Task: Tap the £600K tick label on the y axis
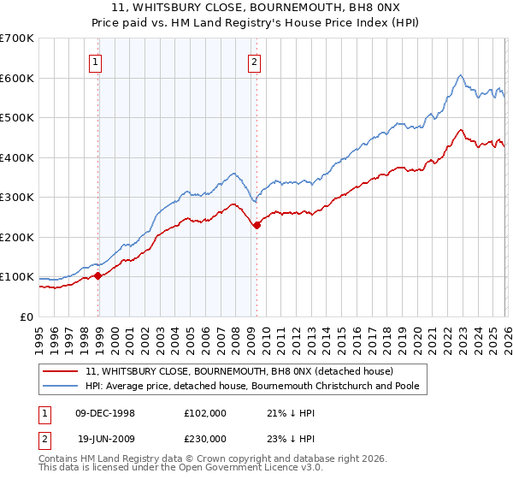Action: click(x=17, y=78)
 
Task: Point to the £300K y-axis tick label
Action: click(x=17, y=198)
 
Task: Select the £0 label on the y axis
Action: click(x=27, y=317)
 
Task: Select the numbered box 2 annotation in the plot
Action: click(x=255, y=61)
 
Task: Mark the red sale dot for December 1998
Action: click(x=98, y=275)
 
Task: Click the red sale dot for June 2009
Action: click(x=257, y=225)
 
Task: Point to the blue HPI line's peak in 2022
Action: click(x=460, y=75)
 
